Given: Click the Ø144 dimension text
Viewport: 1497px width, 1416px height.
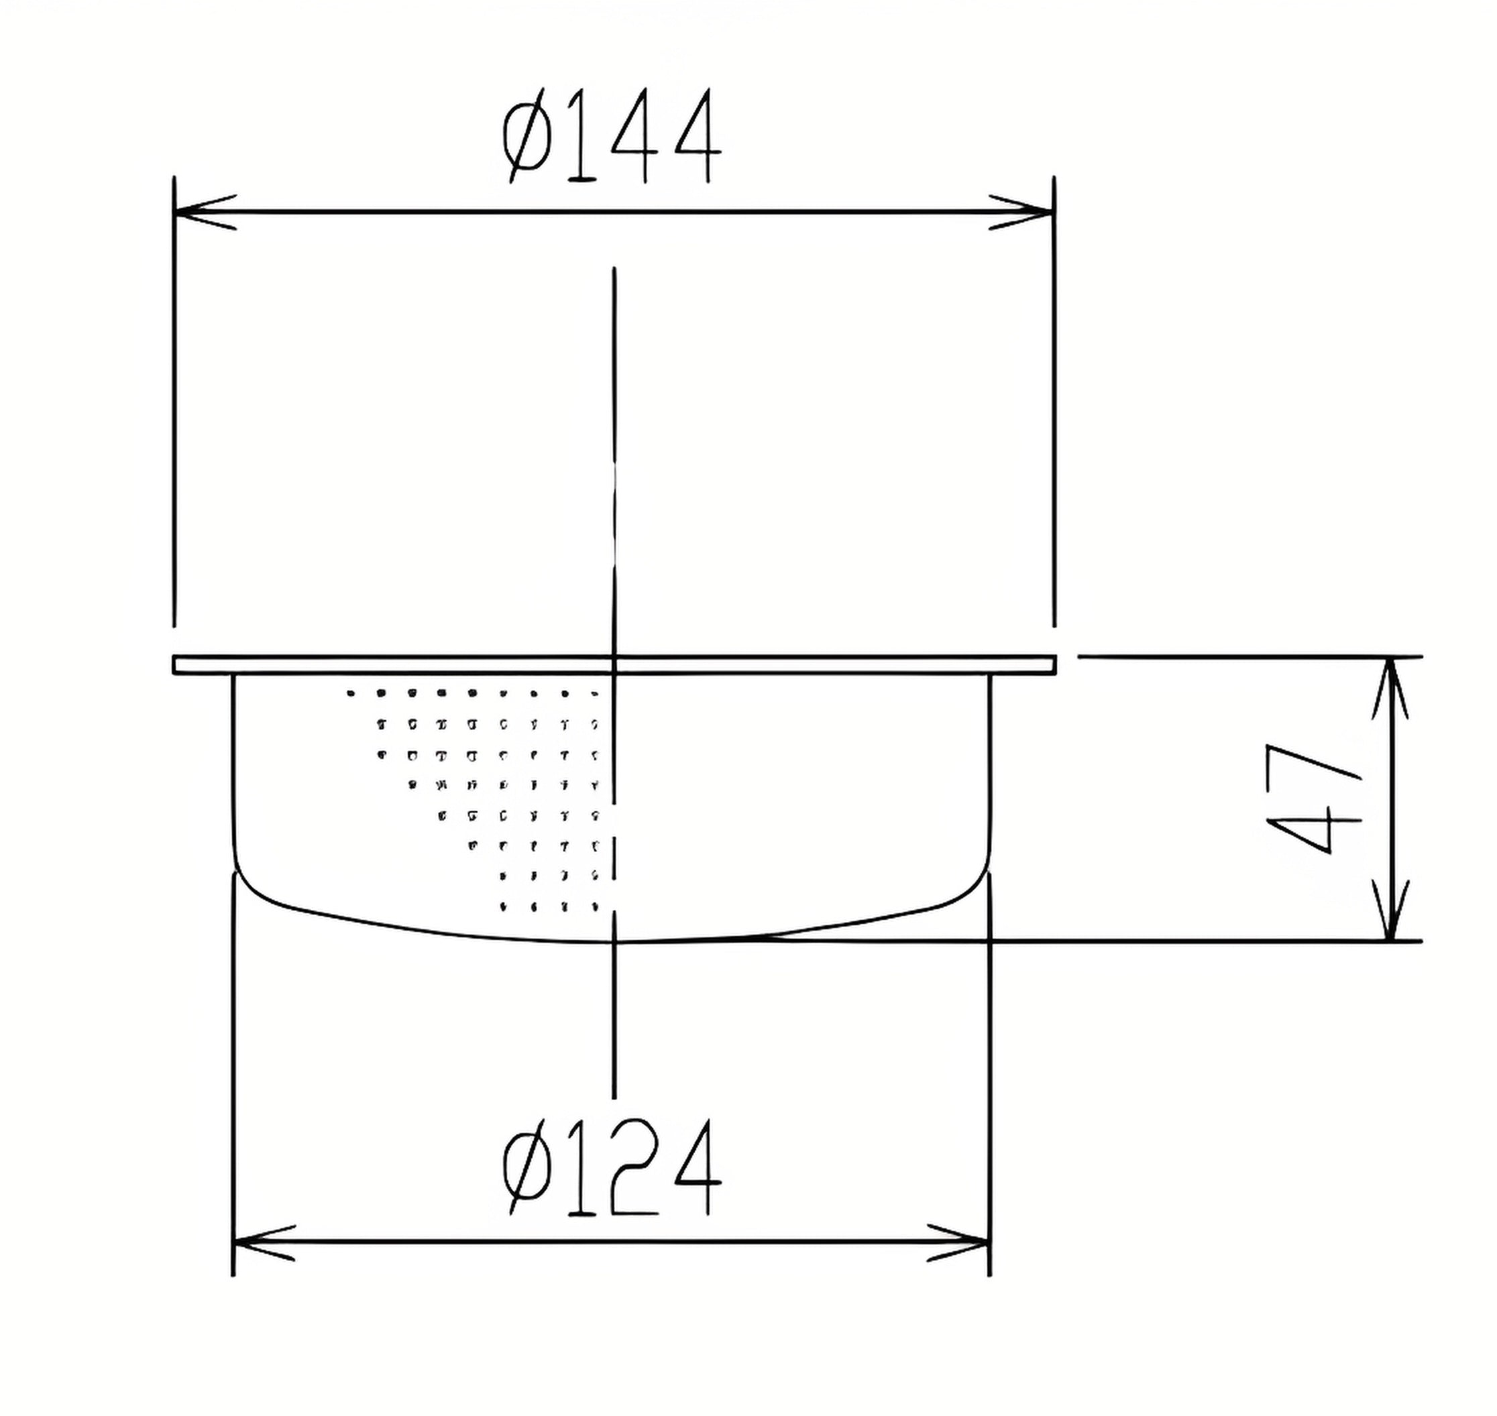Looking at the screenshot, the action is pos(612,135).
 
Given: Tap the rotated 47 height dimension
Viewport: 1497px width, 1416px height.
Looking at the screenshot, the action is pos(1315,799).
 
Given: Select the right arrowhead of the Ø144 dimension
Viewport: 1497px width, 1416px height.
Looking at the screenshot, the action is pos(1022,212).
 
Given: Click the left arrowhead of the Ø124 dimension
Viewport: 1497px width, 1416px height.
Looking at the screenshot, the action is pos(264,1243).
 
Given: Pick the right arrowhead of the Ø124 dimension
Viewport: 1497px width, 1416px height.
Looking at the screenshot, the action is pos(958,1243).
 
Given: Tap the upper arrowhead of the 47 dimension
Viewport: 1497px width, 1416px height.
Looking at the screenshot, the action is pos(1390,688).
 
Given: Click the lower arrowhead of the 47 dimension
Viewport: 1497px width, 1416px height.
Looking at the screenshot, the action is pos(1390,910).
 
